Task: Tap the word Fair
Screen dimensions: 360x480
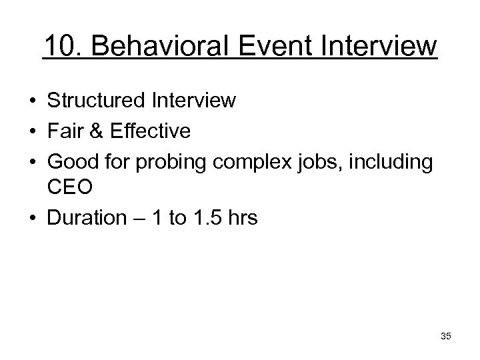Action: pyautogui.click(x=65, y=130)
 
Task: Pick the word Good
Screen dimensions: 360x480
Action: pyautogui.click(x=72, y=159)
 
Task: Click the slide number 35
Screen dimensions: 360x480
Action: pyautogui.click(x=446, y=336)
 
